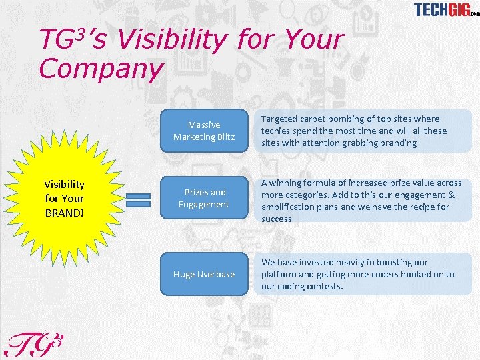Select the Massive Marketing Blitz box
(x=205, y=131)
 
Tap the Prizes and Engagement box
(x=205, y=199)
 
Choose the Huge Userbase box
(x=205, y=274)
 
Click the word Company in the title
(x=101, y=69)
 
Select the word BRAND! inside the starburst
(x=64, y=211)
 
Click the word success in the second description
(x=277, y=219)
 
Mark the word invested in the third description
(x=303, y=262)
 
